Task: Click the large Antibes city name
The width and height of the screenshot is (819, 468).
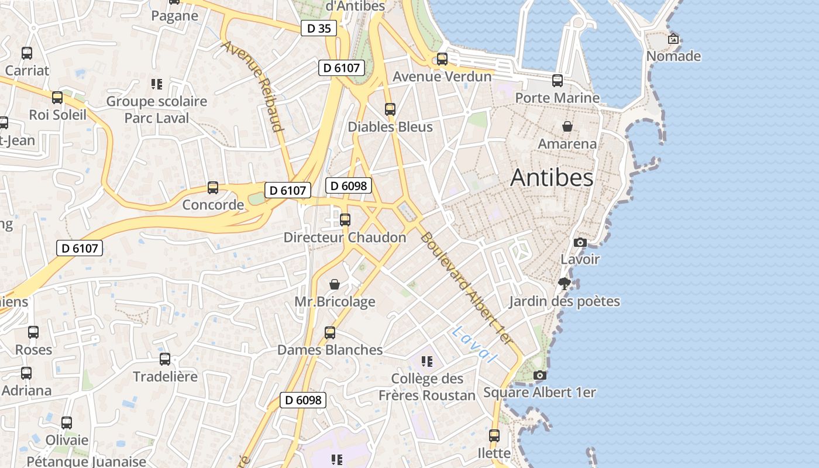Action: (552, 178)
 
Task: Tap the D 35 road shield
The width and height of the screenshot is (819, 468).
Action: (319, 28)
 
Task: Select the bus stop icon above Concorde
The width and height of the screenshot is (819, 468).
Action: (213, 188)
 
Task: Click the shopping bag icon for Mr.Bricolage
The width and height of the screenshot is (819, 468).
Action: (335, 284)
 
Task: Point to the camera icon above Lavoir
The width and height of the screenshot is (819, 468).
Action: (580, 242)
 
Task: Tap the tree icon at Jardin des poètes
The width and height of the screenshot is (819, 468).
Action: (565, 284)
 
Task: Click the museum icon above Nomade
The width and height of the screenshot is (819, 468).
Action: (673, 39)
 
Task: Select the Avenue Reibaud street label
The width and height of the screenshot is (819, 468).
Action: (253, 86)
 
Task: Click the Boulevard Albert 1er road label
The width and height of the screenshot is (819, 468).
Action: (466, 288)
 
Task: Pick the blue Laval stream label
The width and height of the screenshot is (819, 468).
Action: (474, 344)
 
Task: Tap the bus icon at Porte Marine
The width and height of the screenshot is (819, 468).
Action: (558, 81)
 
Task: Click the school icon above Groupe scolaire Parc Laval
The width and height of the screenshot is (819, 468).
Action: (156, 84)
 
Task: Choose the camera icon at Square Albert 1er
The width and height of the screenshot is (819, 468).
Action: (540, 375)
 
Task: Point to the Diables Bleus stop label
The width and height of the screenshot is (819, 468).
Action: (390, 127)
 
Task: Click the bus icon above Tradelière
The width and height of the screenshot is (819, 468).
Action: (165, 359)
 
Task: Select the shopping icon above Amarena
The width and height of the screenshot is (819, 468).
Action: (567, 126)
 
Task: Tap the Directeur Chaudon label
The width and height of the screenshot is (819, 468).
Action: (345, 238)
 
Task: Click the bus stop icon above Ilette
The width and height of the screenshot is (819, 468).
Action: (494, 436)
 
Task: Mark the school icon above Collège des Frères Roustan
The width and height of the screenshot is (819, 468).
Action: (427, 362)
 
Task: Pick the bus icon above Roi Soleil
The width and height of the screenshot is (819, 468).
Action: (57, 98)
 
